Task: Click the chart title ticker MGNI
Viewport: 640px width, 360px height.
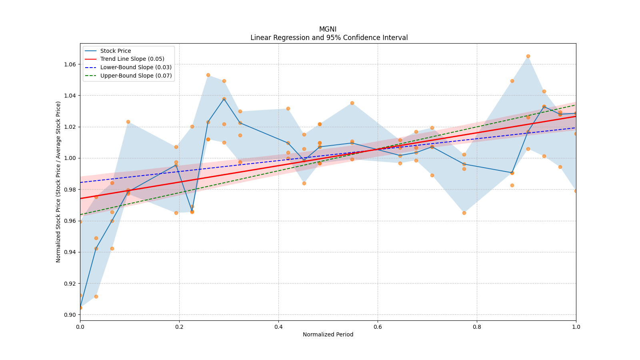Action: pyautogui.click(x=328, y=29)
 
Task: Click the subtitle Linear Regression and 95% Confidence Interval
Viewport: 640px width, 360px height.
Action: pyautogui.click(x=329, y=38)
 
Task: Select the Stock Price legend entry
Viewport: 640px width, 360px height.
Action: pyautogui.click(x=116, y=51)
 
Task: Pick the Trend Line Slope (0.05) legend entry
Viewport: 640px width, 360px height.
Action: pyautogui.click(x=132, y=59)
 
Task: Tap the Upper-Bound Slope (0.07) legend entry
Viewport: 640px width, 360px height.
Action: pyautogui.click(x=136, y=76)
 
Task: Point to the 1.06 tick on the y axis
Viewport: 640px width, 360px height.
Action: pyautogui.click(x=70, y=64)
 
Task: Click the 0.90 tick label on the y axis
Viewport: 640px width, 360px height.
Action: pyautogui.click(x=70, y=315)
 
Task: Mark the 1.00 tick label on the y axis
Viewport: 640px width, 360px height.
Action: pyautogui.click(x=70, y=158)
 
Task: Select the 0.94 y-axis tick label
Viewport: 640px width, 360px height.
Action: pyautogui.click(x=70, y=252)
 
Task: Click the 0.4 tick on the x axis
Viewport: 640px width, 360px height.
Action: pyautogui.click(x=278, y=327)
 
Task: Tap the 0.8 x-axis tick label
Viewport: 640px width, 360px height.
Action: pyautogui.click(x=477, y=327)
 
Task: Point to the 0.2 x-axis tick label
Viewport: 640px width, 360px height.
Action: pyautogui.click(x=179, y=327)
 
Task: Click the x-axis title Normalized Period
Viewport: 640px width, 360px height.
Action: pyautogui.click(x=328, y=334)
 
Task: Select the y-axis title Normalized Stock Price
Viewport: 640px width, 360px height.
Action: pyautogui.click(x=58, y=182)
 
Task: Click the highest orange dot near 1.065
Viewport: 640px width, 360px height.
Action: pyautogui.click(x=528, y=56)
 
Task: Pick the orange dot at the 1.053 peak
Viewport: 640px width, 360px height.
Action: pyautogui.click(x=208, y=75)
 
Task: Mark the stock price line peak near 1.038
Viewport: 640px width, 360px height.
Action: pyautogui.click(x=224, y=99)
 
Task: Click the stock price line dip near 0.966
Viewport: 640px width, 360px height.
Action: pyautogui.click(x=192, y=211)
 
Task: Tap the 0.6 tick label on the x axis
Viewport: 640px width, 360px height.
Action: pyautogui.click(x=378, y=327)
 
